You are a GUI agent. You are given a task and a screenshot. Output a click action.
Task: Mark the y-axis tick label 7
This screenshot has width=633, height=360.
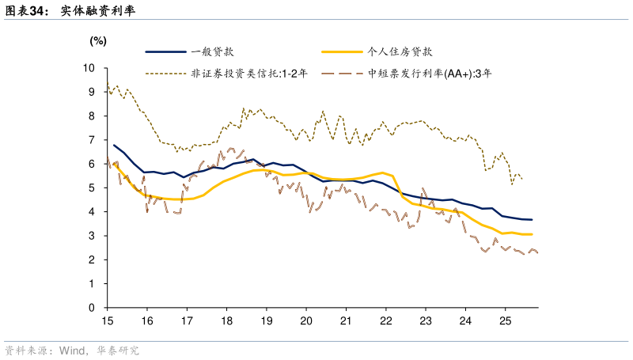[x=93, y=140]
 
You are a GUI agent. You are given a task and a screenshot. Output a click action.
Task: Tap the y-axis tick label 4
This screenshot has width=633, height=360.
[x=93, y=212]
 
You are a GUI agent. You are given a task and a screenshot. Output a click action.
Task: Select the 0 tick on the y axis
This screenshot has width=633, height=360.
[x=93, y=308]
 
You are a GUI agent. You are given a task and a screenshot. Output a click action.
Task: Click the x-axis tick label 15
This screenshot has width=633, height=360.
[x=107, y=321]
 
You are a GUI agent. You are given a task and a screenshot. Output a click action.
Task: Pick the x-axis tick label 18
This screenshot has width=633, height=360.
[x=226, y=321]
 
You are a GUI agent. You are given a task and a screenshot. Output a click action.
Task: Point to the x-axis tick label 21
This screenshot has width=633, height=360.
[x=346, y=321]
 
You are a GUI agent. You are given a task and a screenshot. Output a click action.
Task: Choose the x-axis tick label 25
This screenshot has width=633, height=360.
[x=505, y=321]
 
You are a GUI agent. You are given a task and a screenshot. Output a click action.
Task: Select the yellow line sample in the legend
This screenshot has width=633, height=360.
[x=342, y=53]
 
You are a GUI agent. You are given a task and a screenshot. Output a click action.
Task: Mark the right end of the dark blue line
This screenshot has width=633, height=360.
[x=532, y=220]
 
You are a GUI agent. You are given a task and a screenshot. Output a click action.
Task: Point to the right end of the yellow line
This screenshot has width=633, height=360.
[x=532, y=234]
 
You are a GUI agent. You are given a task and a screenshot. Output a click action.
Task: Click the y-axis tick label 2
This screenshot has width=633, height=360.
[x=93, y=260]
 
